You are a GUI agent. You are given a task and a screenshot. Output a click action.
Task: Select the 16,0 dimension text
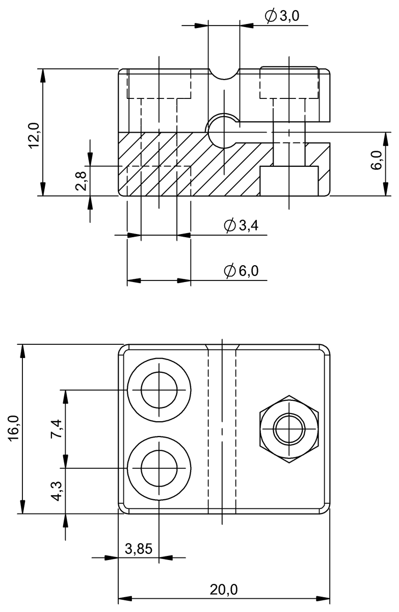14,427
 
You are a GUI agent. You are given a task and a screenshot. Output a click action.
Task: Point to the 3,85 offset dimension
138,549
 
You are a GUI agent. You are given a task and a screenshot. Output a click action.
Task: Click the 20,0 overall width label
224,590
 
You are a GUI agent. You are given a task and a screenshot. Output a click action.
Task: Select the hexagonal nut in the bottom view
289,429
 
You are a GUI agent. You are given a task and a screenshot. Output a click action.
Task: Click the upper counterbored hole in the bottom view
159,390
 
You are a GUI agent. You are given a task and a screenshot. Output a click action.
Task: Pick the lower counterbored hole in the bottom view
159,468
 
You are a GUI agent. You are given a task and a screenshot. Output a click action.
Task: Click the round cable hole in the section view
223,131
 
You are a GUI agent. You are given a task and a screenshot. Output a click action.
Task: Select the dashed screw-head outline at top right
289,83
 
